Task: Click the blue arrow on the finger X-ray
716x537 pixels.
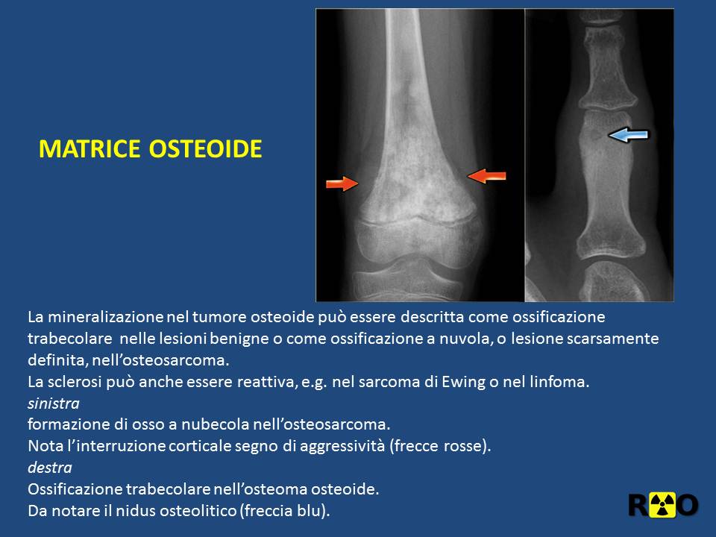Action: click(628, 134)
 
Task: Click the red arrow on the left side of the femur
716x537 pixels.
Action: click(342, 183)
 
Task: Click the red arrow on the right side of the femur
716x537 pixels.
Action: click(486, 176)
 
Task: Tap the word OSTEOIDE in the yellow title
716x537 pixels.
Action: click(206, 149)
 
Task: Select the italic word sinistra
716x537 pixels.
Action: click(54, 403)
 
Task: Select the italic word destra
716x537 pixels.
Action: click(50, 468)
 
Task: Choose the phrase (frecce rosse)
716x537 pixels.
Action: click(440, 446)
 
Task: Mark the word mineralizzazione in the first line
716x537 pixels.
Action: click(106, 316)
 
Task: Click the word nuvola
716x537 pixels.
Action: click(465, 339)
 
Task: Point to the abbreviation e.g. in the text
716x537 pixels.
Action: click(314, 382)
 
